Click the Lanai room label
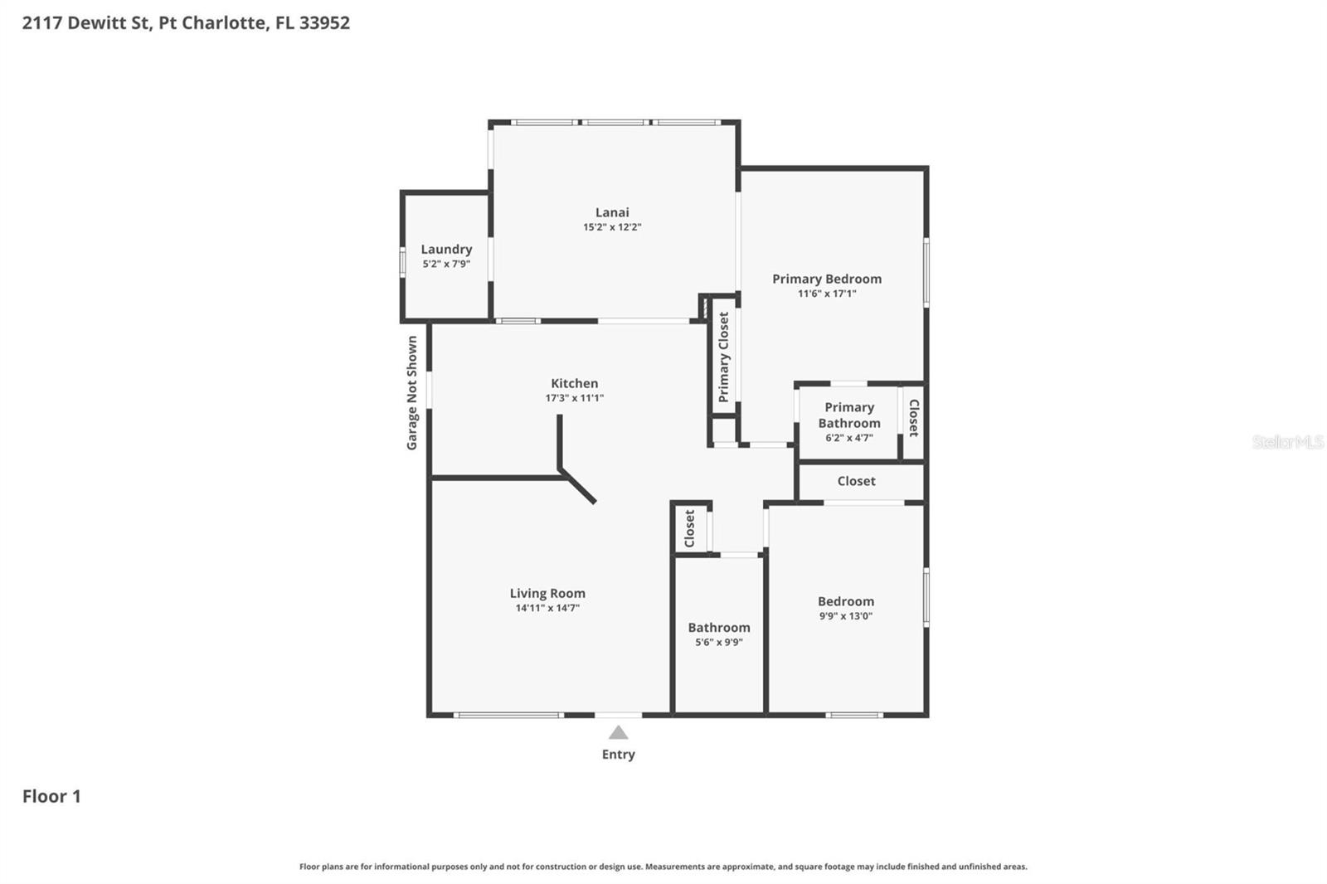click(612, 212)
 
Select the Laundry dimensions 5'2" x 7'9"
click(446, 265)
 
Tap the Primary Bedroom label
click(827, 279)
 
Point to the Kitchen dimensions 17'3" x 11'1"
click(574, 398)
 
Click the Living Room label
click(547, 593)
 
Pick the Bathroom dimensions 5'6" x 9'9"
click(718, 642)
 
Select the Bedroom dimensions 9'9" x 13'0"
click(845, 616)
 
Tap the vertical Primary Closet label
click(724, 357)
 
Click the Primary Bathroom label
click(849, 415)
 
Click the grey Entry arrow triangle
click(618, 733)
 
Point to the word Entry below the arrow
click(618, 755)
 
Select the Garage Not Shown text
click(412, 393)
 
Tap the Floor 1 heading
click(51, 796)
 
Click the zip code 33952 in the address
click(324, 22)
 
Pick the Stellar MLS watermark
click(1287, 442)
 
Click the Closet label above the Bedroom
click(856, 481)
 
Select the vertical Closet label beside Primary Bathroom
click(913, 418)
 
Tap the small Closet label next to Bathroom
click(690, 528)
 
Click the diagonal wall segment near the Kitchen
click(578, 487)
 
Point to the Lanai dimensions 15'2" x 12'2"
click(612, 227)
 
